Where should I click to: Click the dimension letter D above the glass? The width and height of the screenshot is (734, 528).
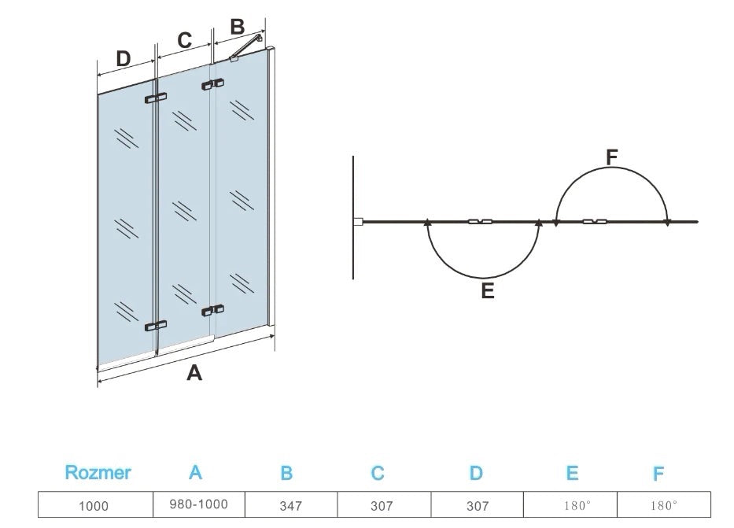(123, 58)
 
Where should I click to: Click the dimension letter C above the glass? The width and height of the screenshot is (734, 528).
(185, 40)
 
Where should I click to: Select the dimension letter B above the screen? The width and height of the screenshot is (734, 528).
(237, 26)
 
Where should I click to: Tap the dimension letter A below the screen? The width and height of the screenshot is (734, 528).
(194, 374)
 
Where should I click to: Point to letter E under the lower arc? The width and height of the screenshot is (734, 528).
(487, 291)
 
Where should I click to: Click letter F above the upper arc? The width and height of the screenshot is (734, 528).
(612, 157)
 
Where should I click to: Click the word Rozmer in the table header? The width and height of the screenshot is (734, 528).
(98, 473)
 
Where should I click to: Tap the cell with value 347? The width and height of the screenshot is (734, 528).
(290, 505)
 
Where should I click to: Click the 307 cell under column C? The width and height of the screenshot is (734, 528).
(382, 505)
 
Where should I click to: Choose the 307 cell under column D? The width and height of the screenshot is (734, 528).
(478, 505)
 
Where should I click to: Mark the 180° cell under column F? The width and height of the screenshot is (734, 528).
(664, 505)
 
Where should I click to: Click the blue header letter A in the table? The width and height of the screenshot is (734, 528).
(196, 473)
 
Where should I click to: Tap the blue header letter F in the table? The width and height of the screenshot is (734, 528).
(658, 474)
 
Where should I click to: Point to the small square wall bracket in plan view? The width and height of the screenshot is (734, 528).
(357, 223)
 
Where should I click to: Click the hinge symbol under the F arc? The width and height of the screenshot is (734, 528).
(595, 222)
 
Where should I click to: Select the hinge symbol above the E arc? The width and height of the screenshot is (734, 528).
(480, 222)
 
